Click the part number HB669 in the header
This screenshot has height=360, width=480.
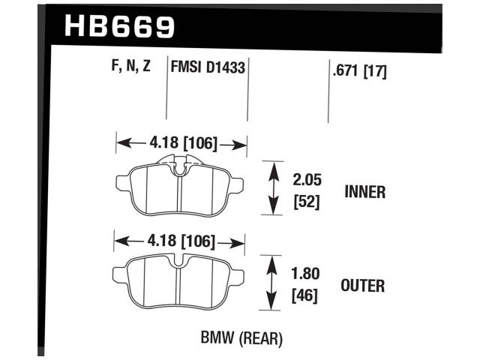pyautogui.click(x=120, y=26)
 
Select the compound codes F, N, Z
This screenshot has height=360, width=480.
pyautogui.click(x=131, y=66)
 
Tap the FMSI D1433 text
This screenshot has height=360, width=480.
pyautogui.click(x=208, y=66)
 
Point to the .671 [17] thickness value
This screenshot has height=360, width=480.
pyautogui.click(x=358, y=73)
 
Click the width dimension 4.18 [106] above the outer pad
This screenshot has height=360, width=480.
pyautogui.click(x=179, y=241)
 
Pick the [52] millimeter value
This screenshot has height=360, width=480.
pyautogui.click(x=304, y=202)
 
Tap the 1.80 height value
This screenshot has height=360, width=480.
pyautogui.click(x=304, y=274)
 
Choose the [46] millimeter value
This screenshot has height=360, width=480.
pyautogui.click(x=304, y=296)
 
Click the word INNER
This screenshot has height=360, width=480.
pyautogui.click(x=364, y=192)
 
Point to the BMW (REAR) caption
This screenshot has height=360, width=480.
pyautogui.click(x=241, y=339)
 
